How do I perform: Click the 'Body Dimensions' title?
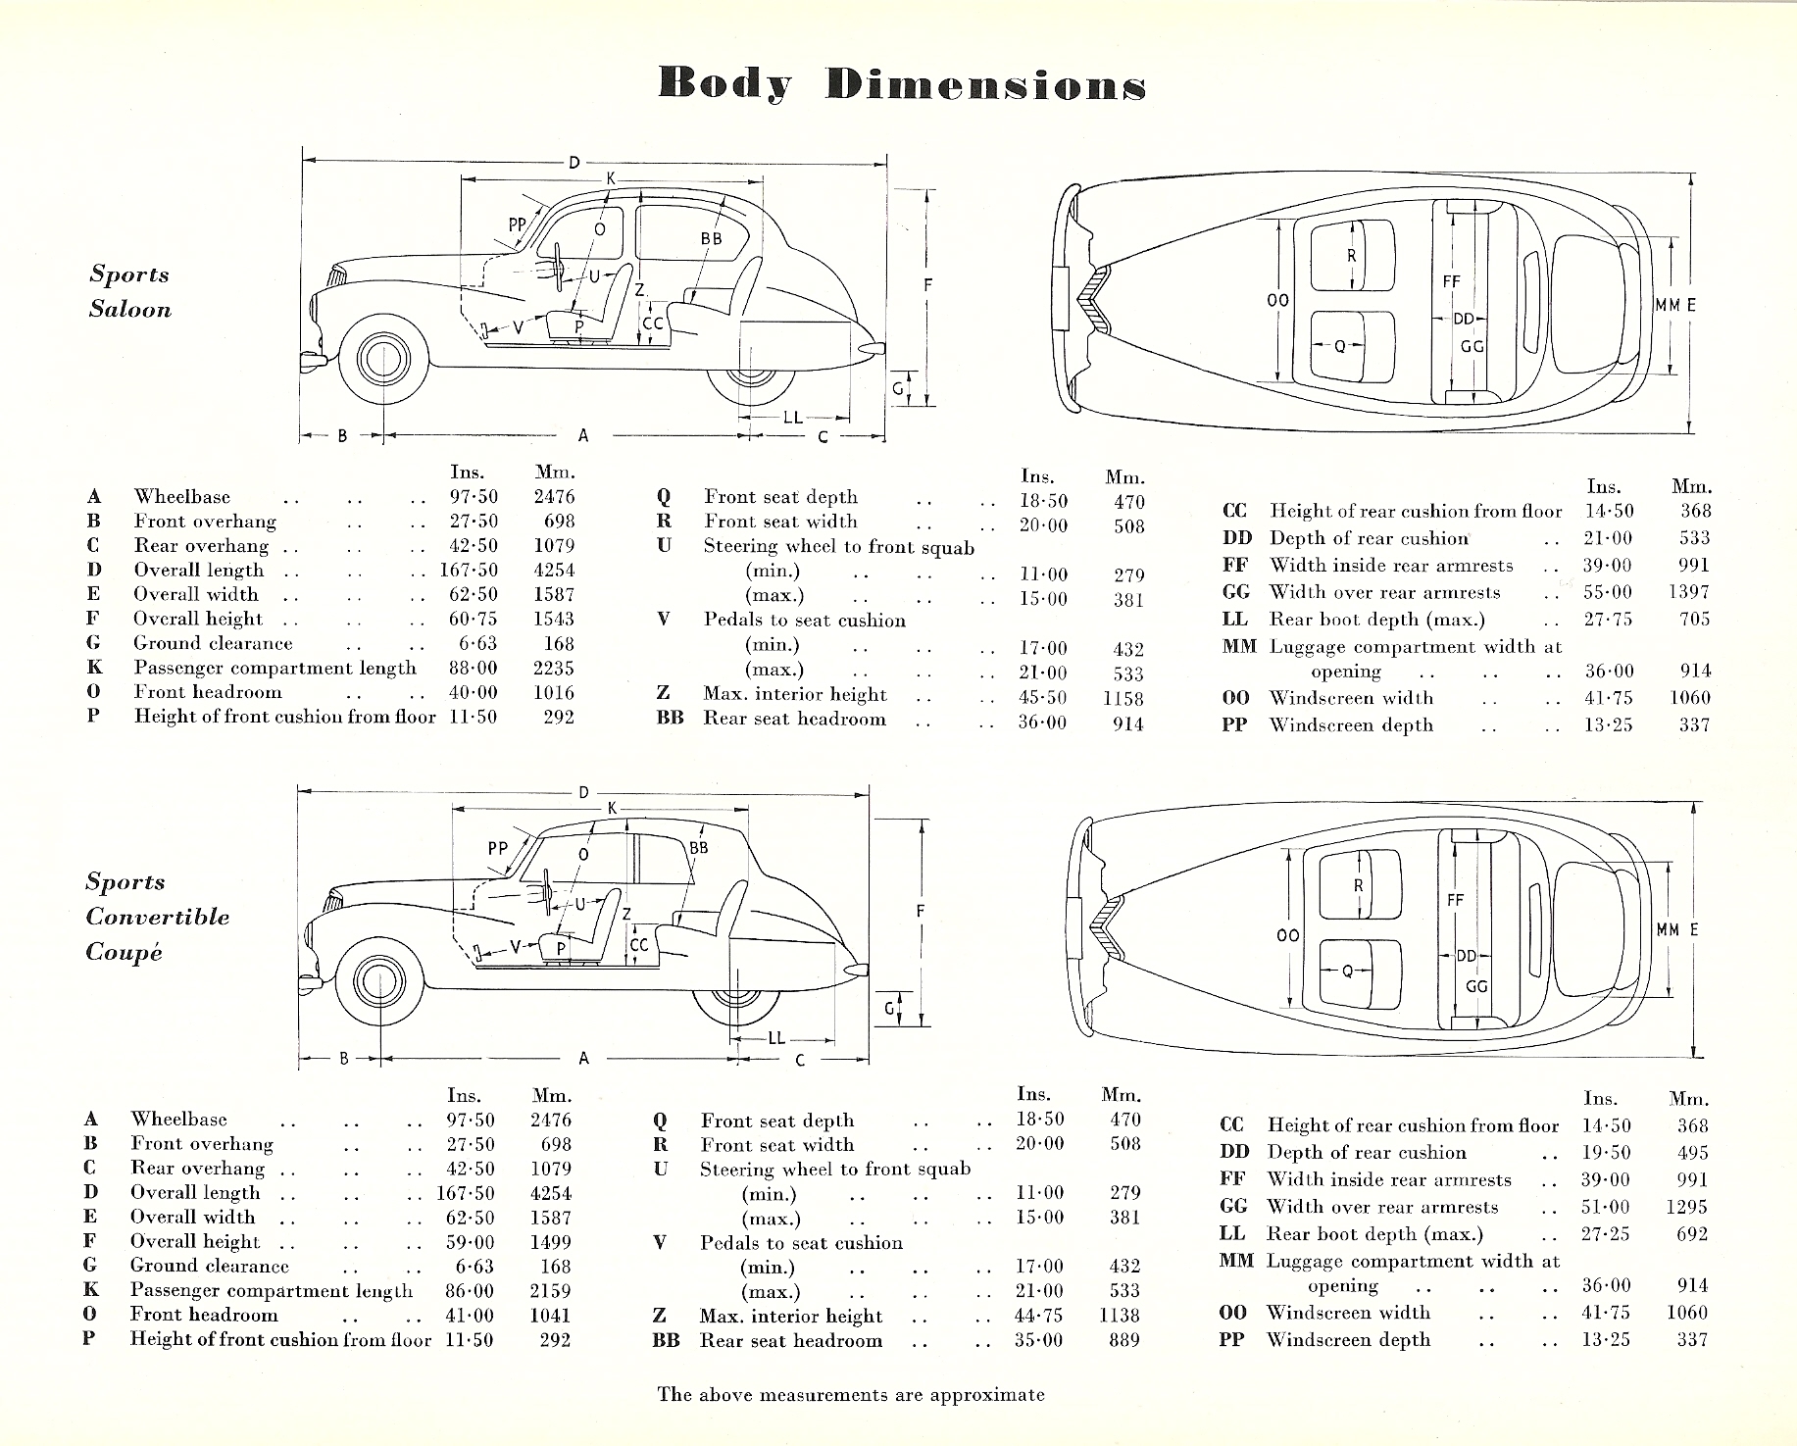point(902,84)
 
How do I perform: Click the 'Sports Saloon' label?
point(130,292)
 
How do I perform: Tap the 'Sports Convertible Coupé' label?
point(157,917)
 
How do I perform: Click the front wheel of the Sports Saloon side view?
point(378,361)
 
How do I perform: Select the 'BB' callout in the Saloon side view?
point(711,238)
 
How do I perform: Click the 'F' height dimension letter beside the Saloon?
point(927,285)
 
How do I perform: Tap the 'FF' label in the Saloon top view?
point(1452,281)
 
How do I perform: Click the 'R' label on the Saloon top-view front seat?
point(1352,256)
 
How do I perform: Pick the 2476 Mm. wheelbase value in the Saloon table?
point(554,497)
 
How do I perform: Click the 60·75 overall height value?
point(474,619)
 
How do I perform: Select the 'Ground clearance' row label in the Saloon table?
point(213,643)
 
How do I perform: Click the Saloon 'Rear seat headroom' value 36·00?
point(1042,722)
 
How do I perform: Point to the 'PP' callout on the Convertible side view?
point(498,847)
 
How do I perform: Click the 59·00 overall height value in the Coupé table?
point(472,1241)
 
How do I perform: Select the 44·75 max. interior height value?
point(1038,1316)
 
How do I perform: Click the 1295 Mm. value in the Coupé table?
point(1686,1207)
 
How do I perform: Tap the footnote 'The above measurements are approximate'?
point(851,1394)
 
